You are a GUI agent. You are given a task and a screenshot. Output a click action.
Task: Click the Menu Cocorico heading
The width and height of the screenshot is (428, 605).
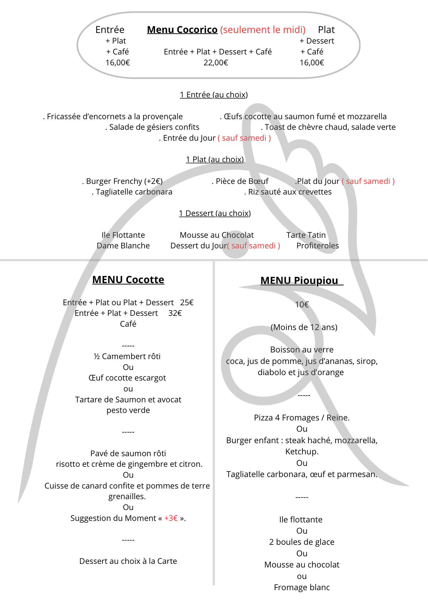(182, 30)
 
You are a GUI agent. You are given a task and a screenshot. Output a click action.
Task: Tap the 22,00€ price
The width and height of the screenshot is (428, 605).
(216, 63)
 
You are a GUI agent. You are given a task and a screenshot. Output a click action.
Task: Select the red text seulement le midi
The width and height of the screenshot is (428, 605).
(263, 30)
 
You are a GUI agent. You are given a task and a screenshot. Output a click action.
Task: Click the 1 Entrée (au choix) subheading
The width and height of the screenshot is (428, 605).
(214, 95)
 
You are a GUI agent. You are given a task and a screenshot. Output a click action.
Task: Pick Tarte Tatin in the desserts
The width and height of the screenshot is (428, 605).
(306, 235)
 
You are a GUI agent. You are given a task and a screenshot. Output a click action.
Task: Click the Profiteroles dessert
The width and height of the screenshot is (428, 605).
(317, 246)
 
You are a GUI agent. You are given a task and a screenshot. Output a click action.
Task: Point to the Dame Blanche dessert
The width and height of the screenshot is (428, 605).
(123, 246)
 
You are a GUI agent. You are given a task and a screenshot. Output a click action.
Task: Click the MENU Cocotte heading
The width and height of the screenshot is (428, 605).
(128, 280)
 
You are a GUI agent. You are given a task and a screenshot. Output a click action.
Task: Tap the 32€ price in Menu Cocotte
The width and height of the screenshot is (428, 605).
(175, 313)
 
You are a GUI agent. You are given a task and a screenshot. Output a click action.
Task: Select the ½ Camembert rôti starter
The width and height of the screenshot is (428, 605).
(127, 356)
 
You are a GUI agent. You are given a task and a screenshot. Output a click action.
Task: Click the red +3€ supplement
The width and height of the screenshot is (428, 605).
(171, 518)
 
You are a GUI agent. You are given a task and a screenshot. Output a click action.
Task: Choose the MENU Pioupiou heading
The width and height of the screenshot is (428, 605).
(299, 281)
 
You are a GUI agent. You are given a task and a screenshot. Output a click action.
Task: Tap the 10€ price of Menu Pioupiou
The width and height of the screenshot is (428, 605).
(302, 305)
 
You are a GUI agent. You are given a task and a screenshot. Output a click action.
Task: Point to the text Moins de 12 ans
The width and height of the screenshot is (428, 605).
(304, 327)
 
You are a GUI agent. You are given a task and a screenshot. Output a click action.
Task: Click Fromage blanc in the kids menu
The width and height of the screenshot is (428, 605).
(302, 587)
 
